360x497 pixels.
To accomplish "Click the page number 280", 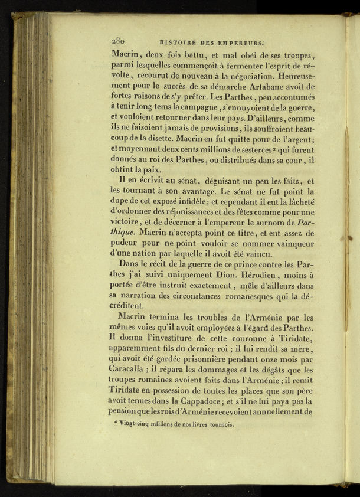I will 117,41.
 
